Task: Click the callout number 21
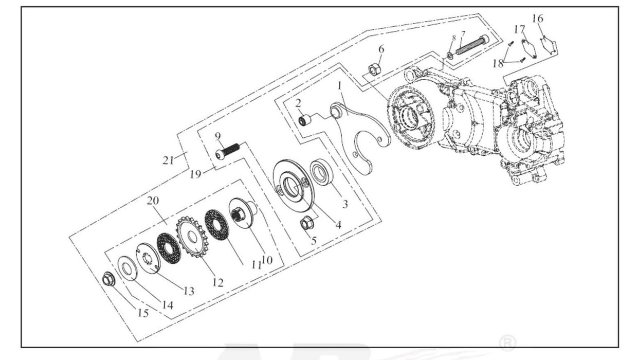tap(169, 160)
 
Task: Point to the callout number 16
tap(537, 19)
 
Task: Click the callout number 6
tap(381, 49)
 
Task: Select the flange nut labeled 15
tap(108, 280)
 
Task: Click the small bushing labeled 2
tap(306, 121)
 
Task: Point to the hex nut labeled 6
tap(374, 69)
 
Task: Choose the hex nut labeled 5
tap(308, 223)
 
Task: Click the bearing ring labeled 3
tap(323, 172)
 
